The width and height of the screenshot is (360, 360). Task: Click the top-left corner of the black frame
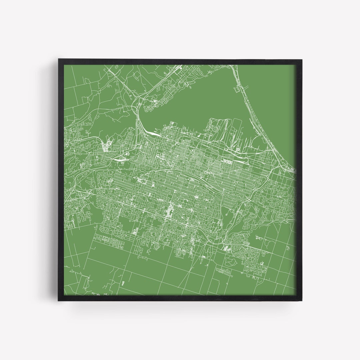59,60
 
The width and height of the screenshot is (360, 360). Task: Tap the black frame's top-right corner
301,60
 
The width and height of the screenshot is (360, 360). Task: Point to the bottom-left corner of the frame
59,301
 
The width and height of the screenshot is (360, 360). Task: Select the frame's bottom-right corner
301,301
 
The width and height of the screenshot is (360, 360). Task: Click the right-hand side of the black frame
299,180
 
